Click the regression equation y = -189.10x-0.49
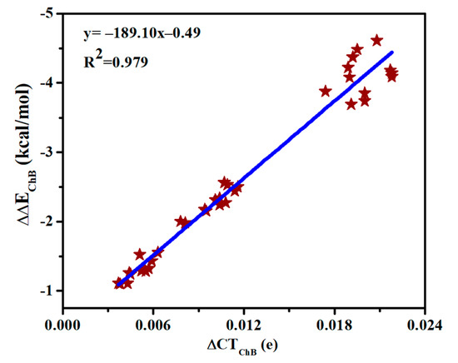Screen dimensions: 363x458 coord(142,33)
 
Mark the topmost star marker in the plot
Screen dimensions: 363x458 coord(377,40)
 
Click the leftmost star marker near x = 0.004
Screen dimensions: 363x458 coord(118,283)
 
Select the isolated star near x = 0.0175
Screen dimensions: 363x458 coord(326,91)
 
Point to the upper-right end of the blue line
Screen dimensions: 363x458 coord(391,52)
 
